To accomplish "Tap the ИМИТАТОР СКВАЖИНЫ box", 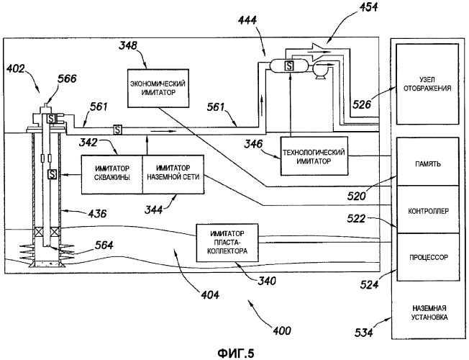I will (111, 174).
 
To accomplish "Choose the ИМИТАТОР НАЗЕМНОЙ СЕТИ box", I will (172, 174).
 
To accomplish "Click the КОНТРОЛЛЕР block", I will (429, 211).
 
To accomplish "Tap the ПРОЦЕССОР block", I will (429, 256).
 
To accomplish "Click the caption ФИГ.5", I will (234, 352).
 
